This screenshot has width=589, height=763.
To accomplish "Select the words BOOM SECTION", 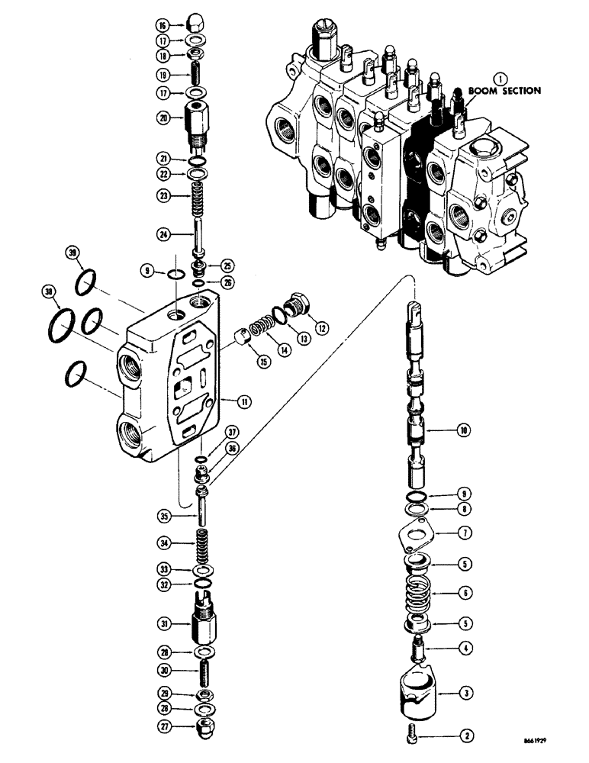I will [505, 90].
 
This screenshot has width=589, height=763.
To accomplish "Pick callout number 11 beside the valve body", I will [244, 399].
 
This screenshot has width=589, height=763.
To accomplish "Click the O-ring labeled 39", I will [86, 284].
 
